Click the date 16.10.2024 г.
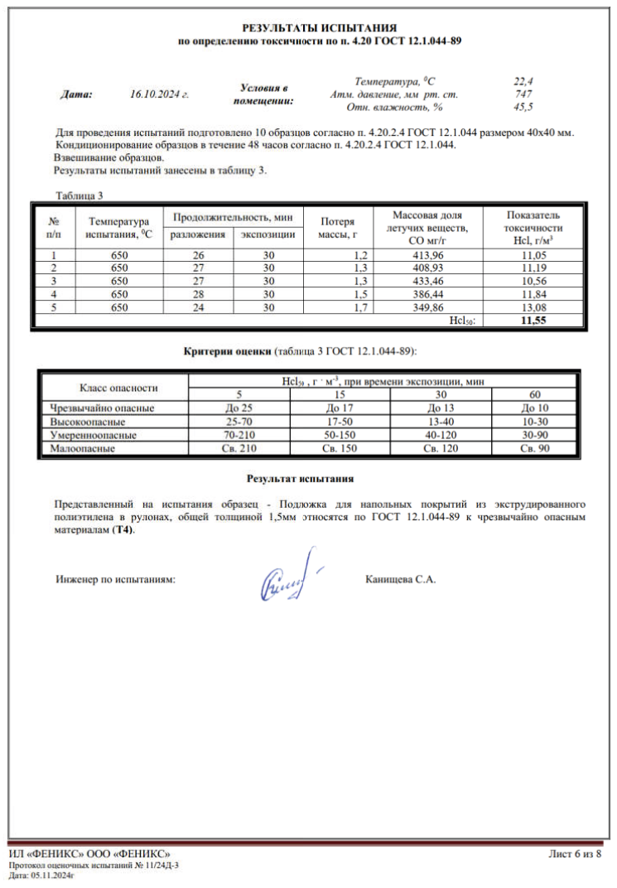(161, 94)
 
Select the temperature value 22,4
(523, 81)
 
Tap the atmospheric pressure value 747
(523, 94)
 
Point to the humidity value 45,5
(523, 107)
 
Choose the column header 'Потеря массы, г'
(335, 228)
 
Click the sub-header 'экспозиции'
(268, 235)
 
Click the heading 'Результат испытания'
(300, 479)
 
